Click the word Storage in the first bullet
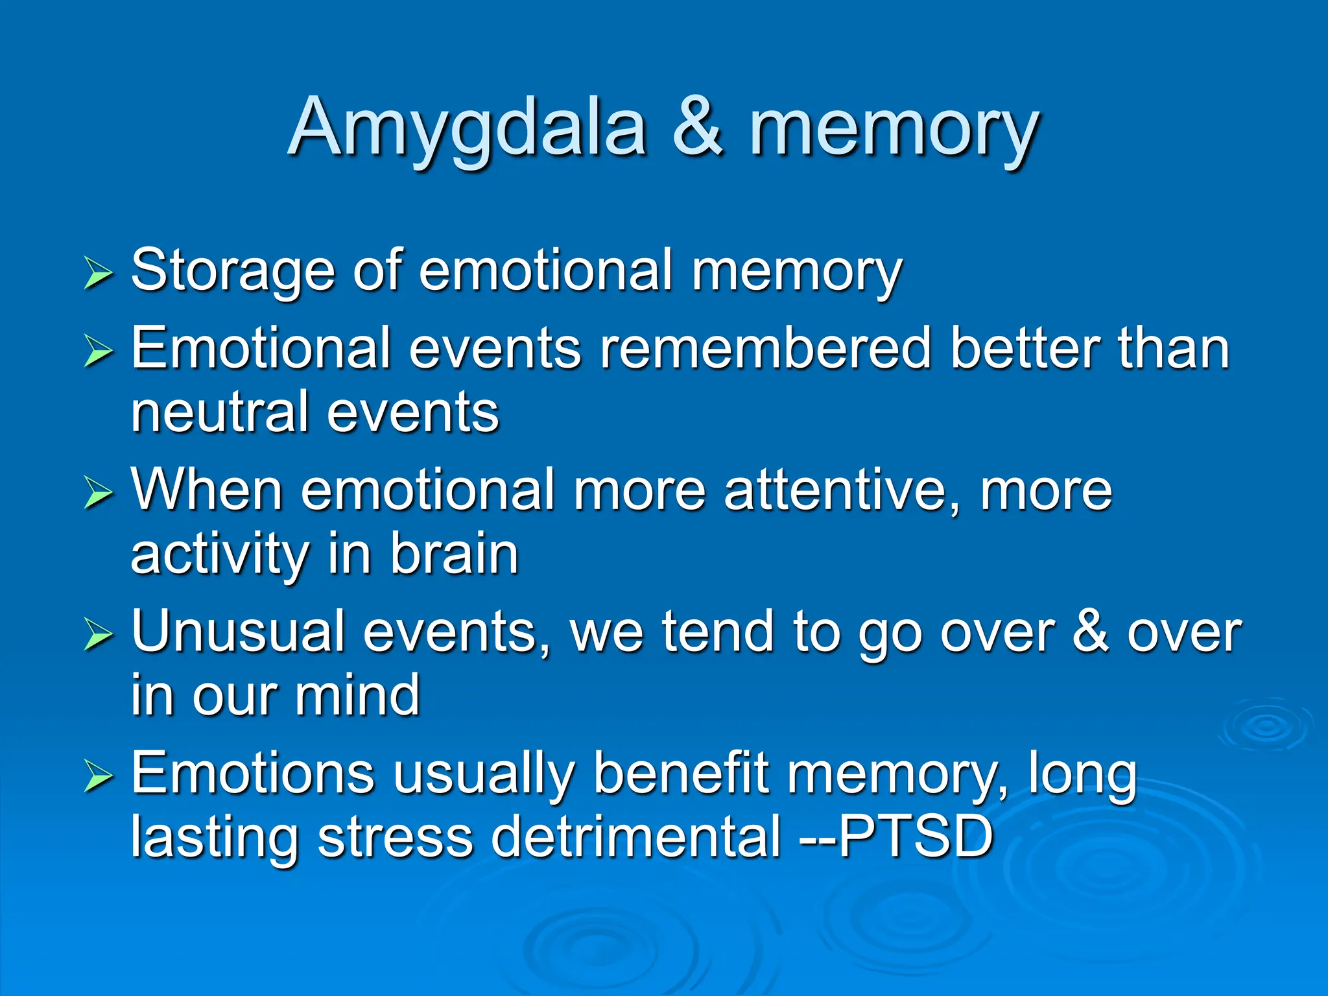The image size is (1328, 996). [233, 271]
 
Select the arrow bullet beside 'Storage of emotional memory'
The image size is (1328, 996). [99, 273]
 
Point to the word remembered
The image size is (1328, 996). [766, 349]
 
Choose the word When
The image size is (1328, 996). [207, 490]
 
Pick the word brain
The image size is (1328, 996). [454, 554]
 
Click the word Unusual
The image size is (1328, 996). [238, 632]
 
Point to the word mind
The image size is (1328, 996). [357, 695]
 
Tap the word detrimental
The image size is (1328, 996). [635, 836]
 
